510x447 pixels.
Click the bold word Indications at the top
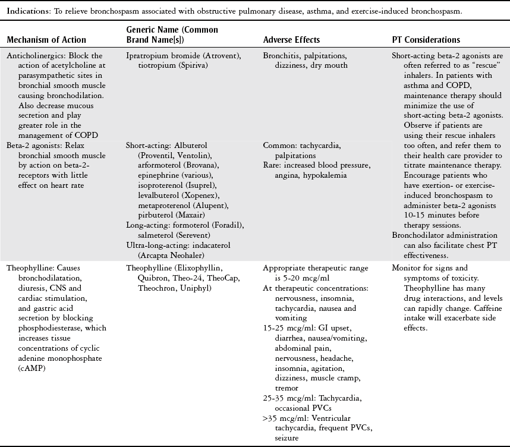[26, 11]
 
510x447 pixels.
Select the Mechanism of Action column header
[46, 40]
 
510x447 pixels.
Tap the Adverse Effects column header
[291, 40]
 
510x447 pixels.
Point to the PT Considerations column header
[426, 40]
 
